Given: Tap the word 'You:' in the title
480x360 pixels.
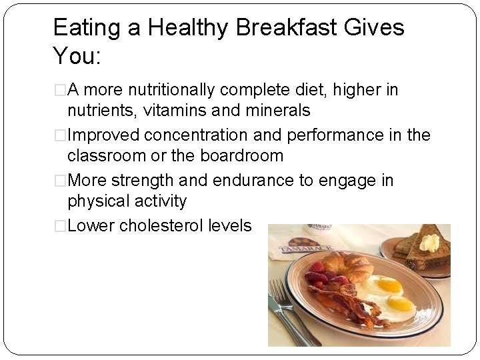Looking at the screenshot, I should [76, 56].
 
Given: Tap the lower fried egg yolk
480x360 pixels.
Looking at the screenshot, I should [400, 304].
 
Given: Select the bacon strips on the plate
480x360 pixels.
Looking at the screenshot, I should [333, 303].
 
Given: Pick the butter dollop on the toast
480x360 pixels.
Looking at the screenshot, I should [429, 241].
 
